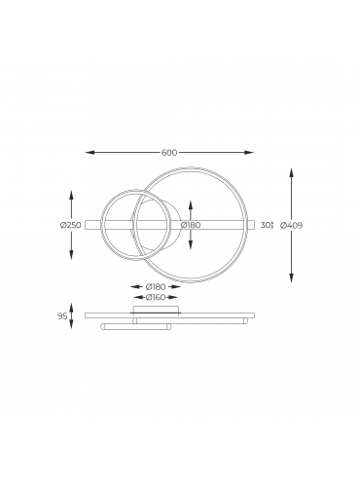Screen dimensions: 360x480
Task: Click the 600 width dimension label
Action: coord(169,153)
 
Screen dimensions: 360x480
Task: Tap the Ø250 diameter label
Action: coord(70,225)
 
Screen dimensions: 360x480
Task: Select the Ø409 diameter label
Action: coord(291,225)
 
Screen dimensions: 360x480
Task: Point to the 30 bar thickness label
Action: coord(266,225)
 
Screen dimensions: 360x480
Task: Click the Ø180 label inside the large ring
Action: coord(191,225)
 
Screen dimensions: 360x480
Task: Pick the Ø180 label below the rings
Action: coord(156,287)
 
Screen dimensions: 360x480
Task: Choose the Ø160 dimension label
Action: coord(156,297)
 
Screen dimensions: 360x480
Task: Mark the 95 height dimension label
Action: coord(62,316)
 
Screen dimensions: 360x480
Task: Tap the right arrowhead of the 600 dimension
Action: coord(249,153)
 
